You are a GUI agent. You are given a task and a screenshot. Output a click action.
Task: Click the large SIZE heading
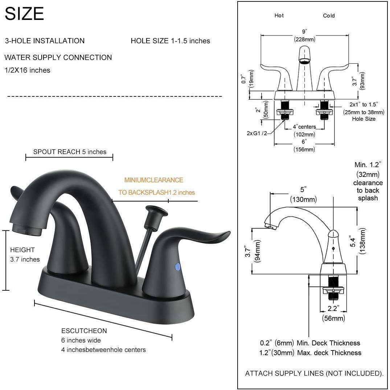24,14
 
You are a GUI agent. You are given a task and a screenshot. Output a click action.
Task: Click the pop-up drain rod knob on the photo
151,211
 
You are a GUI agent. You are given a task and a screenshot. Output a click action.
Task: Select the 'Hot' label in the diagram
279,16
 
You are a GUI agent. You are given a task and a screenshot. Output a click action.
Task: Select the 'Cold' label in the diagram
329,16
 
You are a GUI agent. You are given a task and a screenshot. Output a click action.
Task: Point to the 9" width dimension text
304,32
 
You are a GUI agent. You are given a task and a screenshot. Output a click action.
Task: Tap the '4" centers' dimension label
304,127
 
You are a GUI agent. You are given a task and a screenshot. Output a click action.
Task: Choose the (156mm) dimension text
304,149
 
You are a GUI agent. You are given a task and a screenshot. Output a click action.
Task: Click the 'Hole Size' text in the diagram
364,119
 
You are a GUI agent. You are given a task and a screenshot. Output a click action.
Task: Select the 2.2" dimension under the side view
334,309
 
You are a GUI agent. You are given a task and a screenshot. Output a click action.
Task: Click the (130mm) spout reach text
303,199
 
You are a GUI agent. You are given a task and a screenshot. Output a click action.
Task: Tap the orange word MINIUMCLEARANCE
153,180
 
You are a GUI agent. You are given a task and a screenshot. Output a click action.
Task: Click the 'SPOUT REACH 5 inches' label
70,152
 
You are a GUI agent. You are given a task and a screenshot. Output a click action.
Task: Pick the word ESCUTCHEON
84,331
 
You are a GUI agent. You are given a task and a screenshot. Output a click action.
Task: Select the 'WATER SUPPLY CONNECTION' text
58,57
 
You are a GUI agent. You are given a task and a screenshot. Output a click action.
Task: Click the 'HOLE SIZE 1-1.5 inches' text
170,41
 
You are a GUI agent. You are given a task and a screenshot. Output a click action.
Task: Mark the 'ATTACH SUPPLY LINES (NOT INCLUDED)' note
314,373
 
